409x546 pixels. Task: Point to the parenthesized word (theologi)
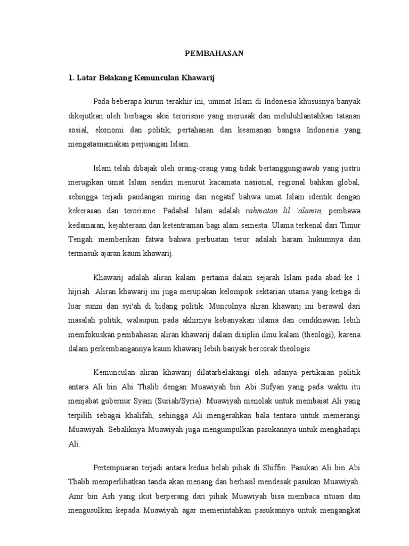coord(308,335)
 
